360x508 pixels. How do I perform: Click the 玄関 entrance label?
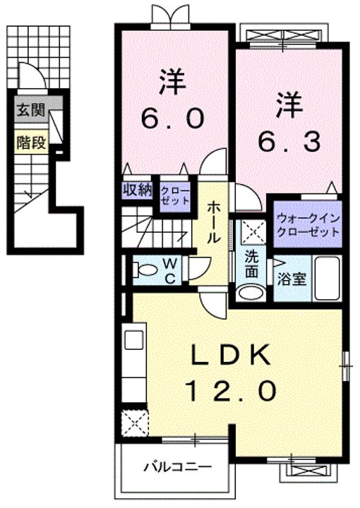(30, 110)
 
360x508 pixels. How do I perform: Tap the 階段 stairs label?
(31, 143)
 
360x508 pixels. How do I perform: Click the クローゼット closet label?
(175, 195)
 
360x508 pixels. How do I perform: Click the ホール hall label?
(213, 222)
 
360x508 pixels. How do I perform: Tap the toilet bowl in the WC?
(145, 270)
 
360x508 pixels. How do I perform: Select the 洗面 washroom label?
(251, 265)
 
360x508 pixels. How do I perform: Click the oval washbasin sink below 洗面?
(251, 293)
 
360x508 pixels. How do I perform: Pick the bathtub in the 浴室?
(328, 278)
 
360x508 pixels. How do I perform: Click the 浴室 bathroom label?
(292, 279)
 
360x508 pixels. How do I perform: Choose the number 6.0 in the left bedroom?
(172, 119)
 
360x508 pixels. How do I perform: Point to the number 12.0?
(231, 391)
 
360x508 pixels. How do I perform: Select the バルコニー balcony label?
(178, 467)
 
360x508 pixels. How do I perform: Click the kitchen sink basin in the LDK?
(134, 339)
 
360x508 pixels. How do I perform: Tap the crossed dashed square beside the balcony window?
(135, 423)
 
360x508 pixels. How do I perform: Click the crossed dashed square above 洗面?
(251, 232)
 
